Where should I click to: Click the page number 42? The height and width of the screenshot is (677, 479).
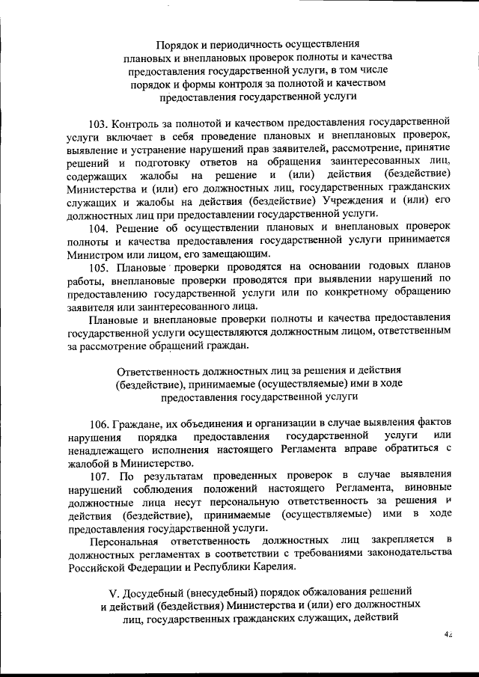(x=448, y=634)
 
